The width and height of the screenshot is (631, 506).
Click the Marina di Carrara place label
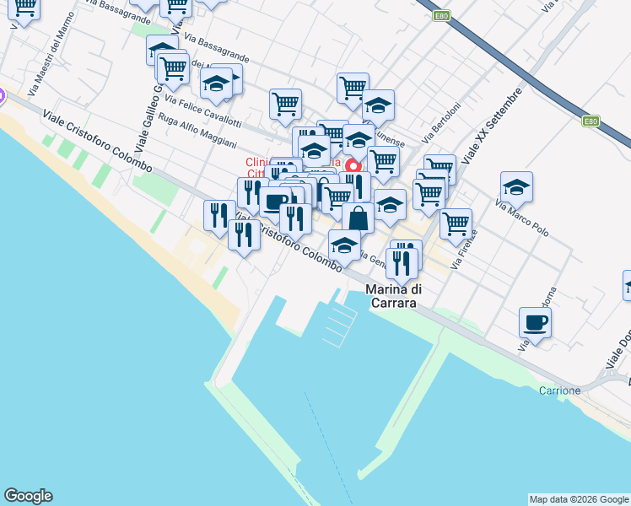click(x=394, y=296)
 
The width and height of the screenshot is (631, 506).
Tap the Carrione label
click(x=560, y=390)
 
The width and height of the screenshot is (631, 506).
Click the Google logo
click(x=28, y=496)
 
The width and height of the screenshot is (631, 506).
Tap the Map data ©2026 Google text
click(x=579, y=499)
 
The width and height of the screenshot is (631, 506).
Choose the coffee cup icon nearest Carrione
click(x=535, y=321)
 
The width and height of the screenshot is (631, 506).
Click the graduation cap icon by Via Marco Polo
click(x=516, y=186)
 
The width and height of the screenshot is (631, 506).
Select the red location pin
click(x=353, y=167)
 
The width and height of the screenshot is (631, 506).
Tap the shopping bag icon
click(x=359, y=217)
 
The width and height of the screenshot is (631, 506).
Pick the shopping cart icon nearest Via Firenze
click(x=456, y=223)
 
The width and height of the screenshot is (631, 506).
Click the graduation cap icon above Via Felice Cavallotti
click(x=217, y=84)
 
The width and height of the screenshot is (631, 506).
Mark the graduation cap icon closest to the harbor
click(x=344, y=245)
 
